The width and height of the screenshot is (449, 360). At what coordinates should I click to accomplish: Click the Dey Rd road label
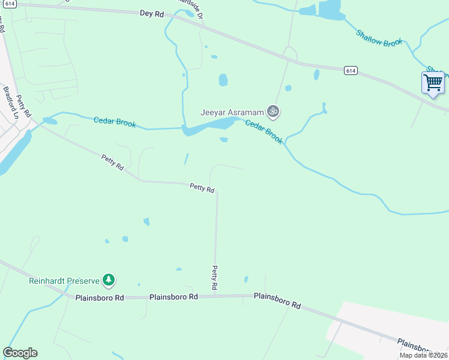[x=152, y=13]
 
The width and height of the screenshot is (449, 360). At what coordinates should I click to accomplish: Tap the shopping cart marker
[x=432, y=82]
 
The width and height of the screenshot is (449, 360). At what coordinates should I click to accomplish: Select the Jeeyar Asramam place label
[x=232, y=112]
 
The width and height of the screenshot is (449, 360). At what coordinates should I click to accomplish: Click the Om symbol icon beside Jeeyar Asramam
[x=273, y=111]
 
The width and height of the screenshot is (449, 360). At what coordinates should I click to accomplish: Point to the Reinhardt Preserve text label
[x=64, y=280]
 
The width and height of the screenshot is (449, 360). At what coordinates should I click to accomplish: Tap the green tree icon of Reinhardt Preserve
[x=109, y=280]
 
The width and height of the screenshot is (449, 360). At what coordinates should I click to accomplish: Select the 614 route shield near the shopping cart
[x=351, y=71]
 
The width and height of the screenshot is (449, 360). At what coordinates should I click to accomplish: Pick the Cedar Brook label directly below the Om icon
[x=264, y=131]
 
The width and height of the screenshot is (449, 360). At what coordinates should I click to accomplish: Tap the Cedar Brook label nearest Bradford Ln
[x=115, y=122]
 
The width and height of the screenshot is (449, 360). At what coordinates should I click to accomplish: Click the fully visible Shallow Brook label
[x=379, y=40]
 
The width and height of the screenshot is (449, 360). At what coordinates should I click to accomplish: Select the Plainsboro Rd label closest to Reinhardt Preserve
[x=100, y=297]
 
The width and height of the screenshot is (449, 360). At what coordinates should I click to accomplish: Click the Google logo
[x=20, y=353]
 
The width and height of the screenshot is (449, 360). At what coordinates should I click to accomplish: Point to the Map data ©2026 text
[x=423, y=355]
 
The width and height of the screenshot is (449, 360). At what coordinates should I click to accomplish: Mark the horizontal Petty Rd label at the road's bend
[x=202, y=188]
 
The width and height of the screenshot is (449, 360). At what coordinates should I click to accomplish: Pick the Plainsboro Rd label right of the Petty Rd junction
[x=277, y=300]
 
